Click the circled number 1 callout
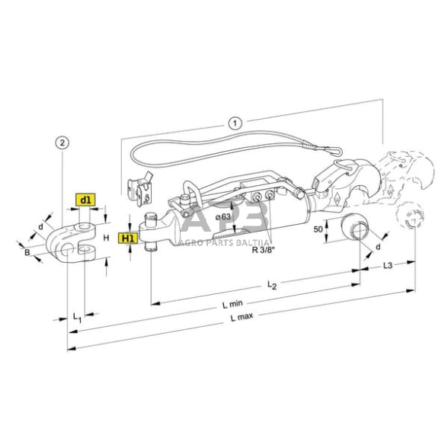tap(235, 122)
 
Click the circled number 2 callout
tap(62, 142)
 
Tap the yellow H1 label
tap(128, 238)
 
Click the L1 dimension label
tap(76, 315)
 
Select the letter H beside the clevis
tap(105, 238)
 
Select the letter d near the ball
tap(376, 247)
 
